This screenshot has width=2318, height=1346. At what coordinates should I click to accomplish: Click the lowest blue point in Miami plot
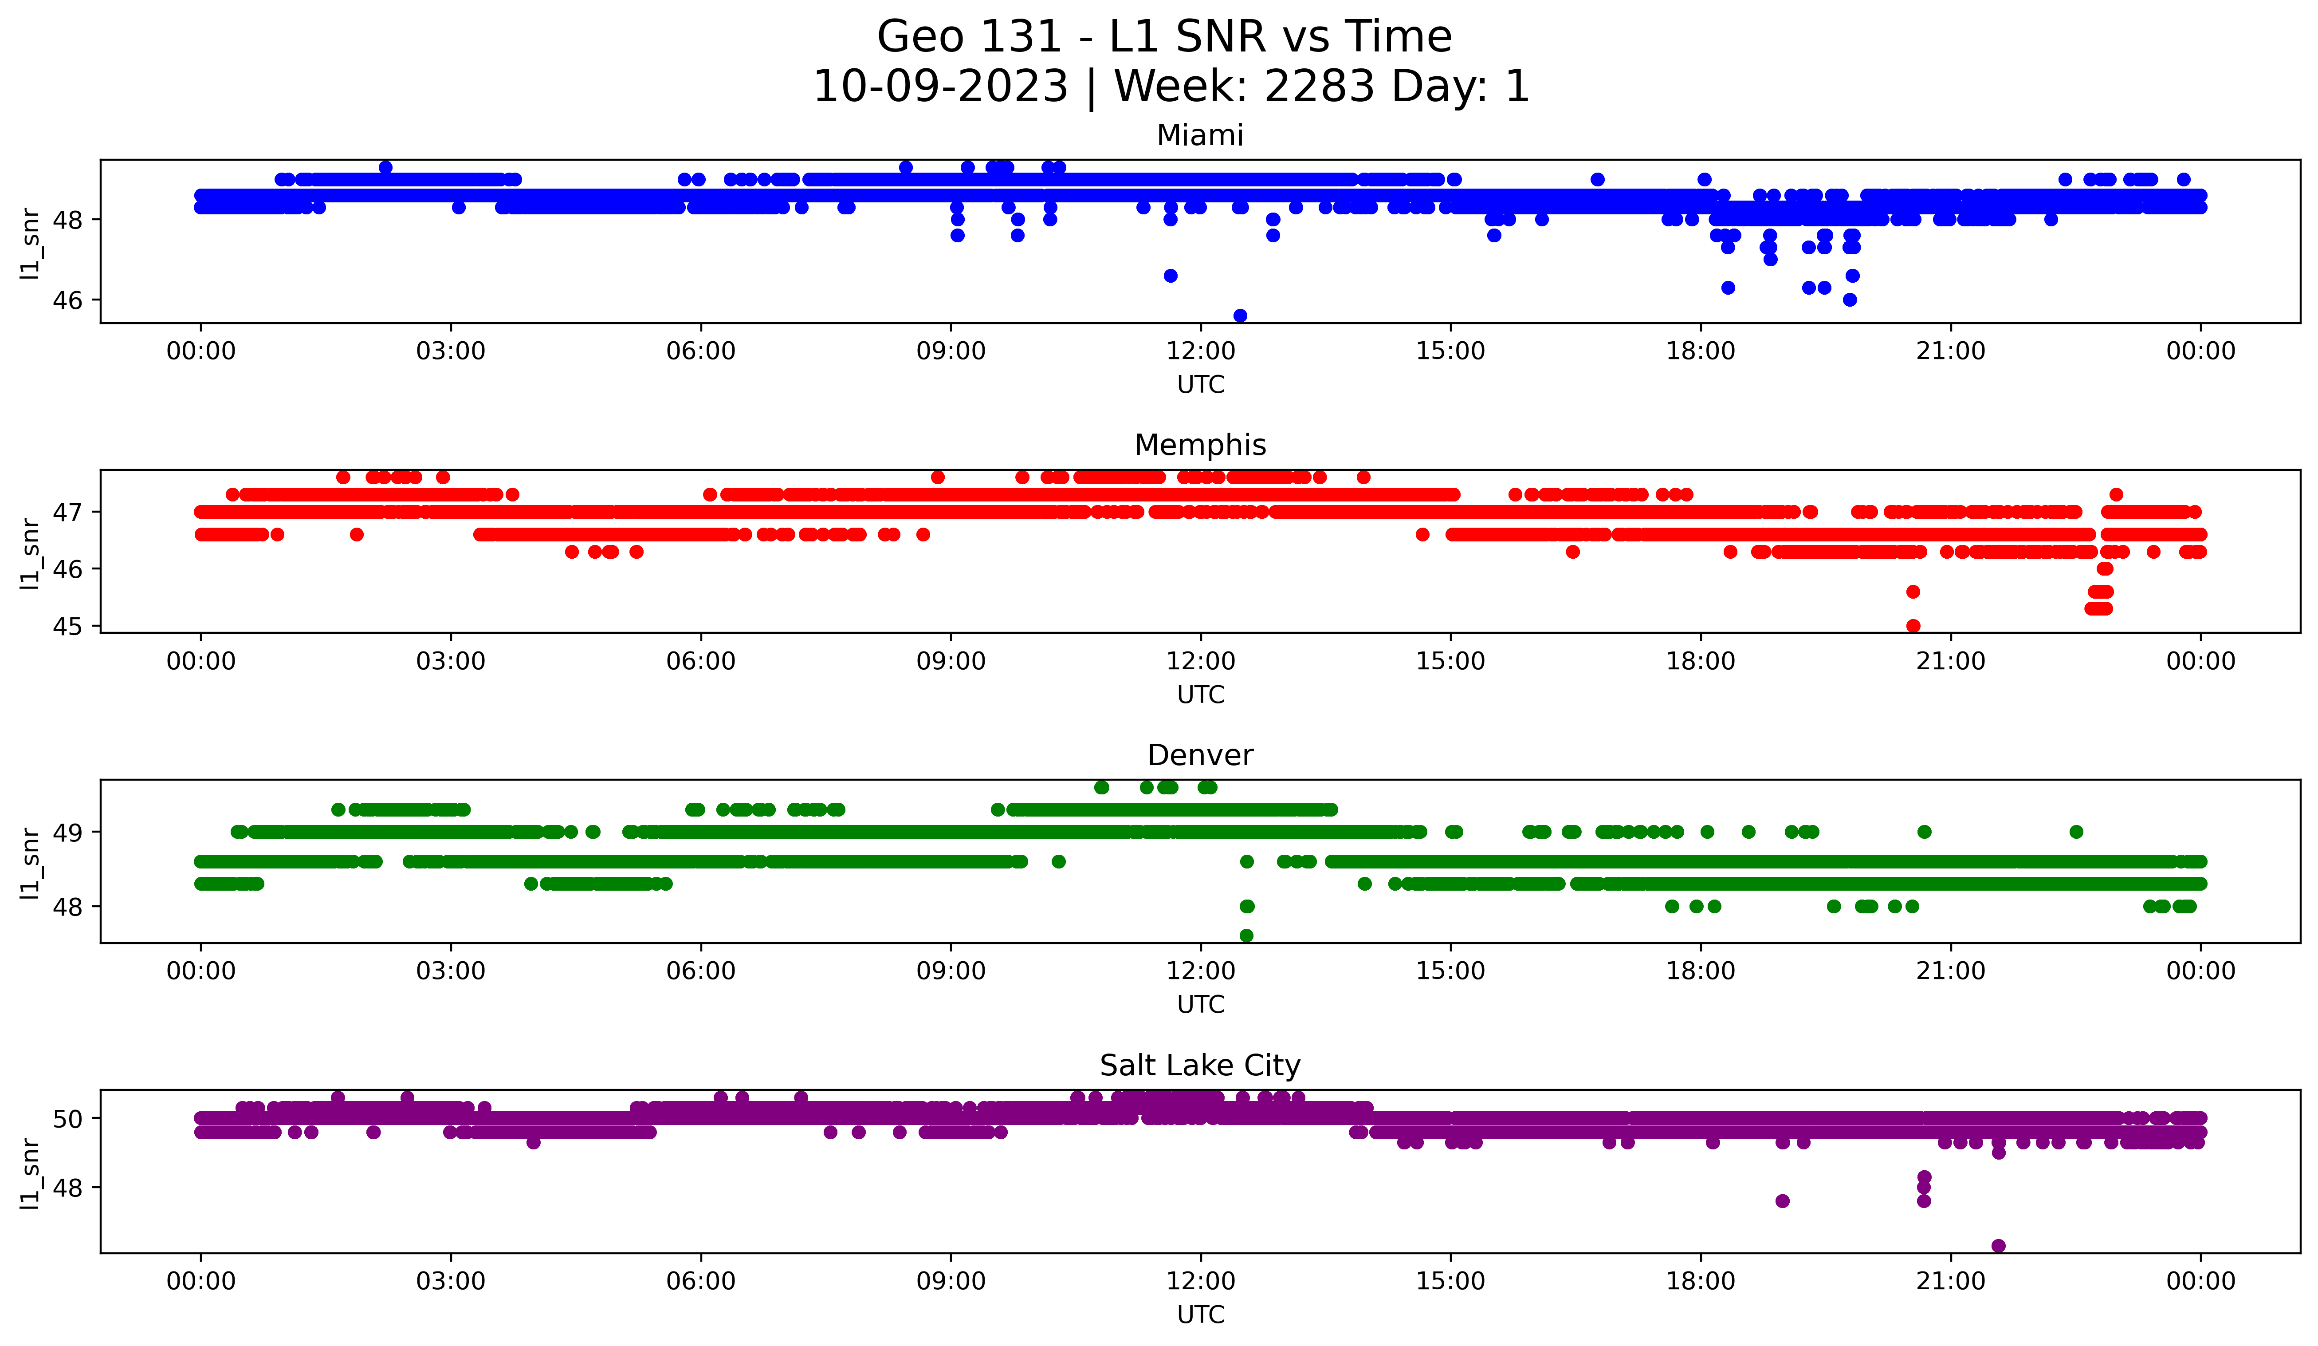click(1240, 316)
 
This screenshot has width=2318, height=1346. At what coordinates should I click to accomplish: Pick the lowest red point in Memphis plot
click(1913, 626)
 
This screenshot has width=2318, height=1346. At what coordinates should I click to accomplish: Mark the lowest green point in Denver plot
click(1246, 935)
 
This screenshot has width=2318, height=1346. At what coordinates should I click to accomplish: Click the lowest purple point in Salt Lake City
click(1998, 1246)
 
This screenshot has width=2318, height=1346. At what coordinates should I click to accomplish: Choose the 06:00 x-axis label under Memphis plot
click(701, 662)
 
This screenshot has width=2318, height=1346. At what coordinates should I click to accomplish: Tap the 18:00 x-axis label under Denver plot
click(1701, 971)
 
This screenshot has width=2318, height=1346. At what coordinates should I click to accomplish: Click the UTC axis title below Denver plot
click(1200, 1005)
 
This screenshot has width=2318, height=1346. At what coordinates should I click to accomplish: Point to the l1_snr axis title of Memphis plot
click(30, 552)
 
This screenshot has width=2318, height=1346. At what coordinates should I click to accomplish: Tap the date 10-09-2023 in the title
click(940, 87)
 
